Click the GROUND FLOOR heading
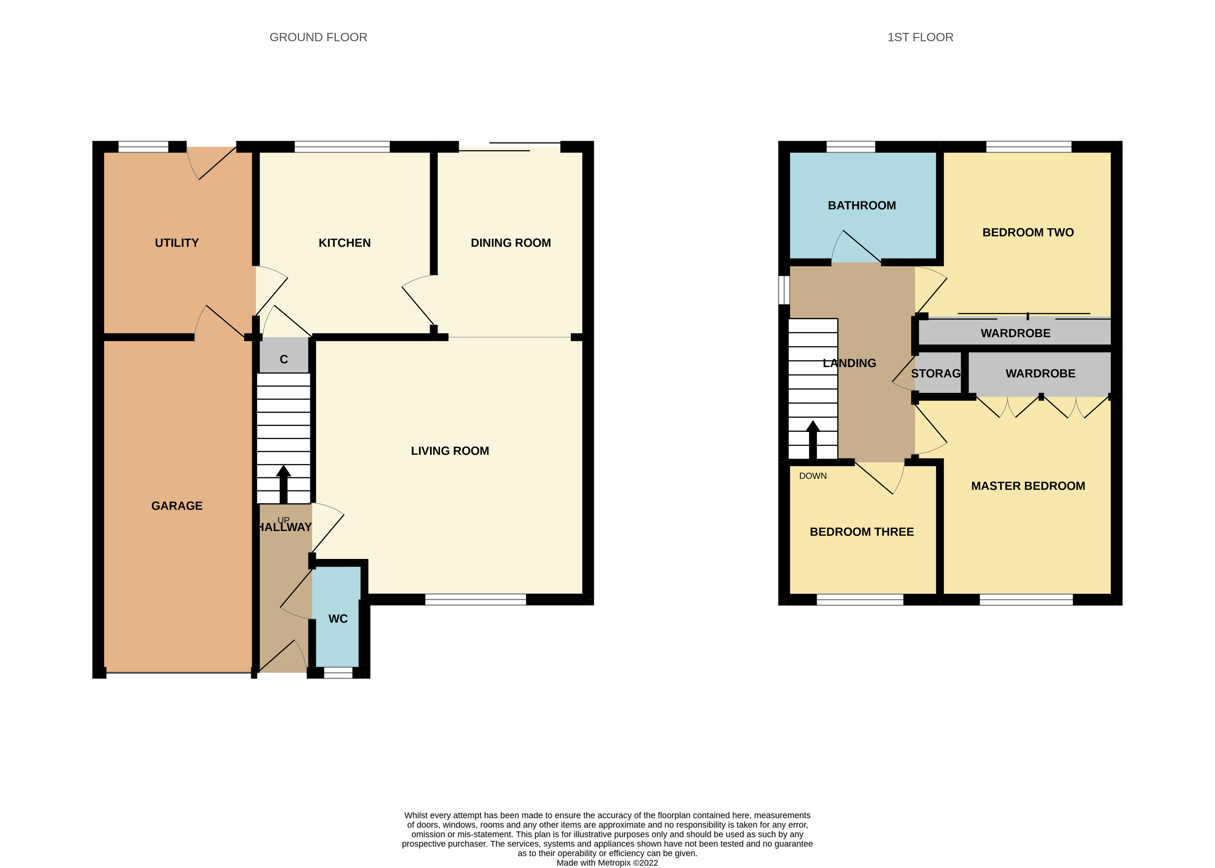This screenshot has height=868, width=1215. pyautogui.click(x=318, y=37)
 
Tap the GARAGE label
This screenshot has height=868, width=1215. pyautogui.click(x=176, y=506)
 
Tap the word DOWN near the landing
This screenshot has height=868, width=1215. pyautogui.click(x=813, y=476)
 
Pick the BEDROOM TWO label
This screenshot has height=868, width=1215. pyautogui.click(x=1028, y=233)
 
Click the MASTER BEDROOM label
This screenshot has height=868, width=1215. pyautogui.click(x=1028, y=486)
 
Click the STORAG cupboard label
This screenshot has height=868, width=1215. pyautogui.click(x=935, y=374)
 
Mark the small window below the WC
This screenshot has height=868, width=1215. pyautogui.click(x=338, y=673)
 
